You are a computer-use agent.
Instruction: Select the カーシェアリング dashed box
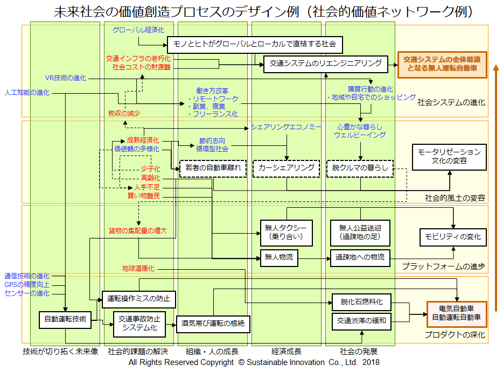pos(286,168)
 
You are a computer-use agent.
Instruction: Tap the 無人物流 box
pos(278,258)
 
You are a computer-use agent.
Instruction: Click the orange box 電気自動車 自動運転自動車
pos(457,313)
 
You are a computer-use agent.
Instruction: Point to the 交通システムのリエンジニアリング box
pos(325,64)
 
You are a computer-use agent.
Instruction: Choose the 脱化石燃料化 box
pos(361,302)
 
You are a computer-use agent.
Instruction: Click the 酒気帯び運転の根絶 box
pos(213,324)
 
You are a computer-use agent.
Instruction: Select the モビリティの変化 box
pos(453,237)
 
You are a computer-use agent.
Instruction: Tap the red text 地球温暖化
pos(138,268)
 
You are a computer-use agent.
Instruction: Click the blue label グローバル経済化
pos(138,30)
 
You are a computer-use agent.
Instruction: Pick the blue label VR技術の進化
pos(65,78)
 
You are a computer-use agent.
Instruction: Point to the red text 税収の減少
pos(124,113)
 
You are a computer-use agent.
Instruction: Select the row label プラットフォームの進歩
pos(443,266)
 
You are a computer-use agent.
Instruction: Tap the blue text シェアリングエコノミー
pos(285,127)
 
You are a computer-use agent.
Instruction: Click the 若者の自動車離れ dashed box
pos(213,168)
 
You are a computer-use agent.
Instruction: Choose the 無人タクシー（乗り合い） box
pos(285,231)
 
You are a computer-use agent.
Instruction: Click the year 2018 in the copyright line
pos(371,362)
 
